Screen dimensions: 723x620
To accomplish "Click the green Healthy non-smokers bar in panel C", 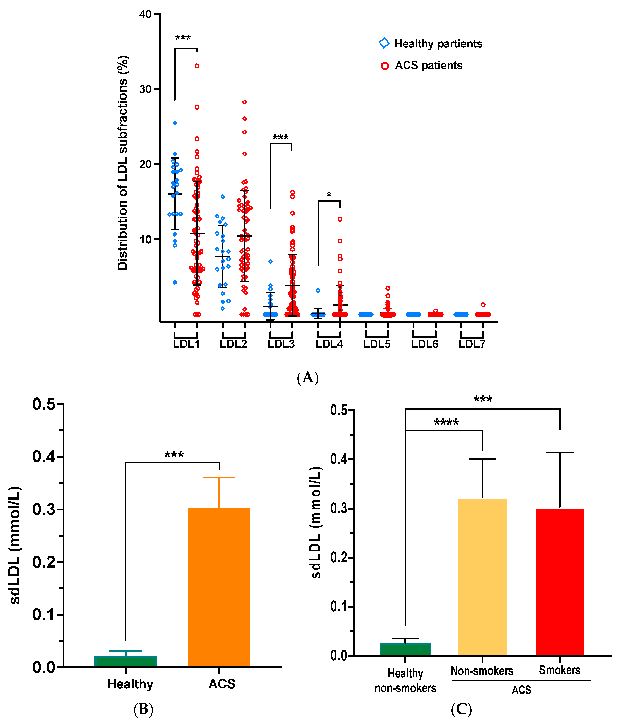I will click(x=405, y=649).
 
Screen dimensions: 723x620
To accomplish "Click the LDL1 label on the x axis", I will click(x=186, y=344).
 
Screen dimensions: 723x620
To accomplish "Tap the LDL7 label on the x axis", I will click(x=472, y=344).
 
